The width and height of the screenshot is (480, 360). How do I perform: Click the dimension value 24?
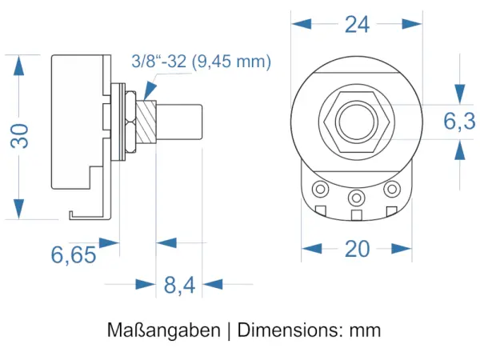tap(357, 24)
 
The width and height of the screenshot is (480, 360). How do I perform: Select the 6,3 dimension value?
tap(458, 121)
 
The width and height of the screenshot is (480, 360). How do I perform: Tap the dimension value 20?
tap(357, 249)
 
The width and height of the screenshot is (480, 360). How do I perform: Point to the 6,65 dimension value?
tap(74, 255)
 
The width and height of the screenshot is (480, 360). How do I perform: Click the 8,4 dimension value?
tap(179, 285)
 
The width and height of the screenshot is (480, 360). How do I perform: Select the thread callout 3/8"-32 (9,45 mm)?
tap(202, 62)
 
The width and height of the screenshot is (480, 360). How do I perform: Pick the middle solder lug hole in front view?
tap(356, 196)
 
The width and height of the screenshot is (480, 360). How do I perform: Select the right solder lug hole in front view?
tap(391, 189)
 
